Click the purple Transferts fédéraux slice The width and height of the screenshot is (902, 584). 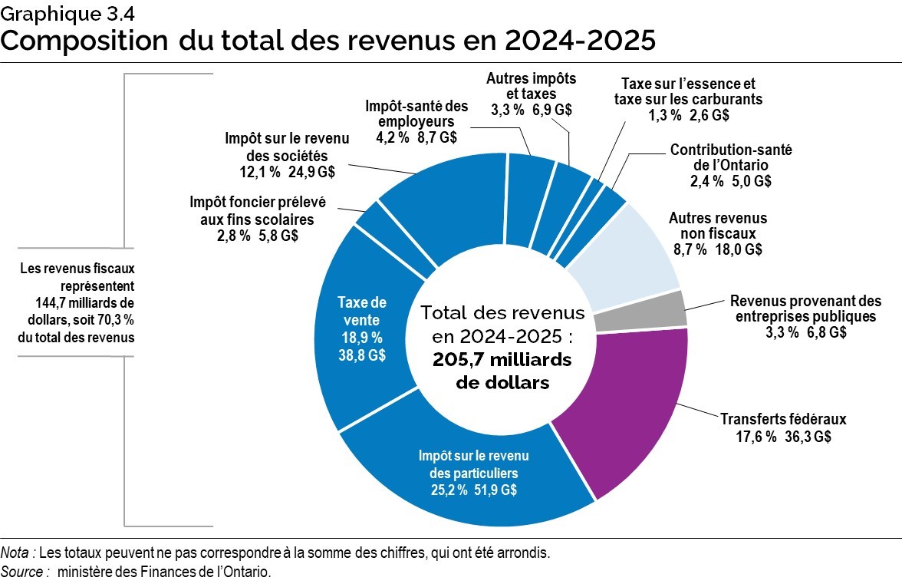pos(614,414)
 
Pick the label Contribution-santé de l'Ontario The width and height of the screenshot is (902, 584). pos(730,157)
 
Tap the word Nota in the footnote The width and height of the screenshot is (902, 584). pos(16,553)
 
